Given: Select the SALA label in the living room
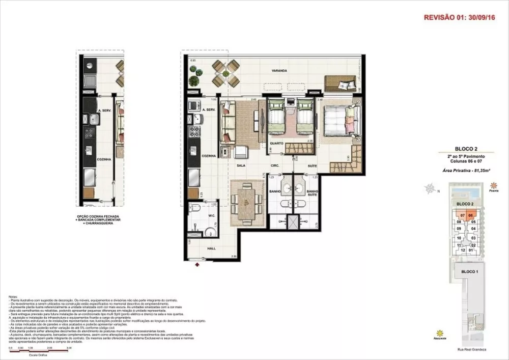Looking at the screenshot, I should (241, 165).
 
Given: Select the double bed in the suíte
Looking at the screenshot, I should (335, 122).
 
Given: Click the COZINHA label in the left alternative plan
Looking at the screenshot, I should (104, 159).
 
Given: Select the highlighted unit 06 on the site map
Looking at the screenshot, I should (471, 215).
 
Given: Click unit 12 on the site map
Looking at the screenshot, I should (463, 250).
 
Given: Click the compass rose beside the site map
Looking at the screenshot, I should (431, 190).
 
